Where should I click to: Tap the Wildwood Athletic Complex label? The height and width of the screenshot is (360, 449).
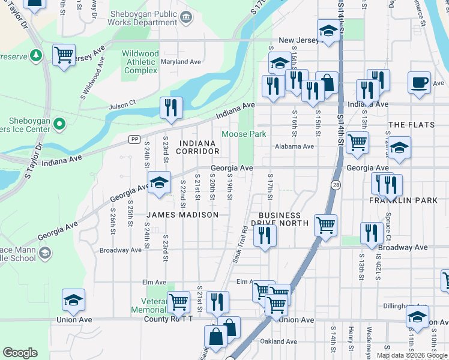(140, 62)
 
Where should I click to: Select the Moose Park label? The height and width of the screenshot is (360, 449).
(244, 134)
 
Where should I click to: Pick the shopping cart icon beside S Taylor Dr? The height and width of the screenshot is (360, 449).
(63, 55)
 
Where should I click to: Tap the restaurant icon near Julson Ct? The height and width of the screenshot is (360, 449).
(171, 108)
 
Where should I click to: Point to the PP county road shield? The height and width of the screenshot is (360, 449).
(134, 139)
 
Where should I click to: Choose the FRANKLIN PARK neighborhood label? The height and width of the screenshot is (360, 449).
(403, 200)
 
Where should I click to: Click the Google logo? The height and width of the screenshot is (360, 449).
(20, 353)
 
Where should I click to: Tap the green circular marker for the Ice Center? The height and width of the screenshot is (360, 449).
(59, 124)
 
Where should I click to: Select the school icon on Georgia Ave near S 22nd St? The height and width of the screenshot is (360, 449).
(159, 183)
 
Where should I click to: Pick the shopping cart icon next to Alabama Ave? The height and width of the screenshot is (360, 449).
(357, 143)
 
